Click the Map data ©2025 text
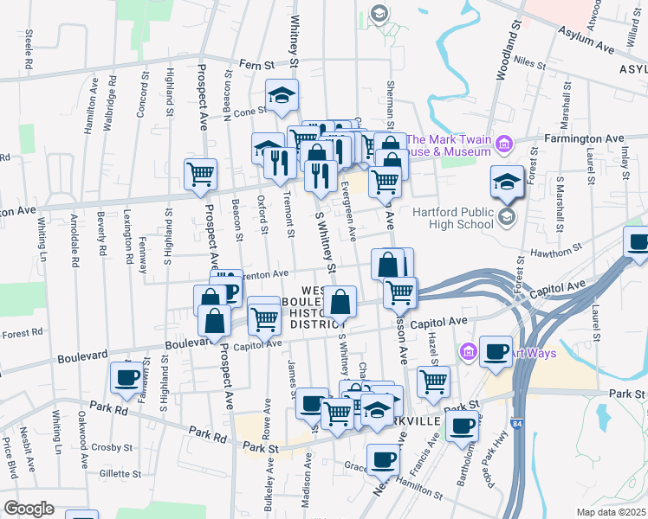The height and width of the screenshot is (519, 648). (612, 512)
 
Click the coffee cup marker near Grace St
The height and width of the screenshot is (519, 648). (383, 459)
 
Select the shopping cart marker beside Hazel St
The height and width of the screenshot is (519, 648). (433, 381)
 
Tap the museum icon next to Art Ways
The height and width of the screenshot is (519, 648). (469, 351)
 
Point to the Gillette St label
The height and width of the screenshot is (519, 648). (120, 473)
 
